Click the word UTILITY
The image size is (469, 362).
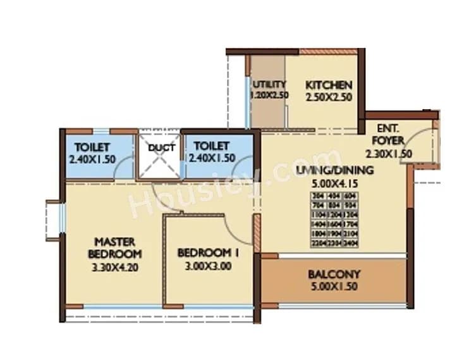click(269, 84)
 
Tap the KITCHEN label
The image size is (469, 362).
click(329, 85)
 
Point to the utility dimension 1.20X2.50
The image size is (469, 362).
click(269, 96)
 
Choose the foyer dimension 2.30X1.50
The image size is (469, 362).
click(388, 153)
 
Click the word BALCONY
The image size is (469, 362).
click(334, 274)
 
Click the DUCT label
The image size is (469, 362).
click(157, 148)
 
